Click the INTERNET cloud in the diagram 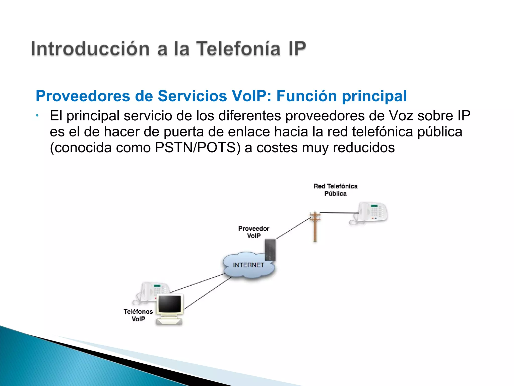pyautogui.click(x=248, y=265)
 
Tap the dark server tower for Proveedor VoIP pyautogui.click(x=270, y=250)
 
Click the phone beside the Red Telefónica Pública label pyautogui.click(x=371, y=213)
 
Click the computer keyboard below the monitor pyautogui.click(x=169, y=322)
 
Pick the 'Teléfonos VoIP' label pyautogui.click(x=138, y=315)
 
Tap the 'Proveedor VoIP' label pyautogui.click(x=254, y=232)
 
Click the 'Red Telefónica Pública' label pyautogui.click(x=336, y=190)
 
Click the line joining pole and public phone pyautogui.click(x=339, y=213)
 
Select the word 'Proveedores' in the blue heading pyautogui.click(x=83, y=96)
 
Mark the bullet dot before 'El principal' pyautogui.click(x=37, y=116)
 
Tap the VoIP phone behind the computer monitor pyautogui.click(x=152, y=292)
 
